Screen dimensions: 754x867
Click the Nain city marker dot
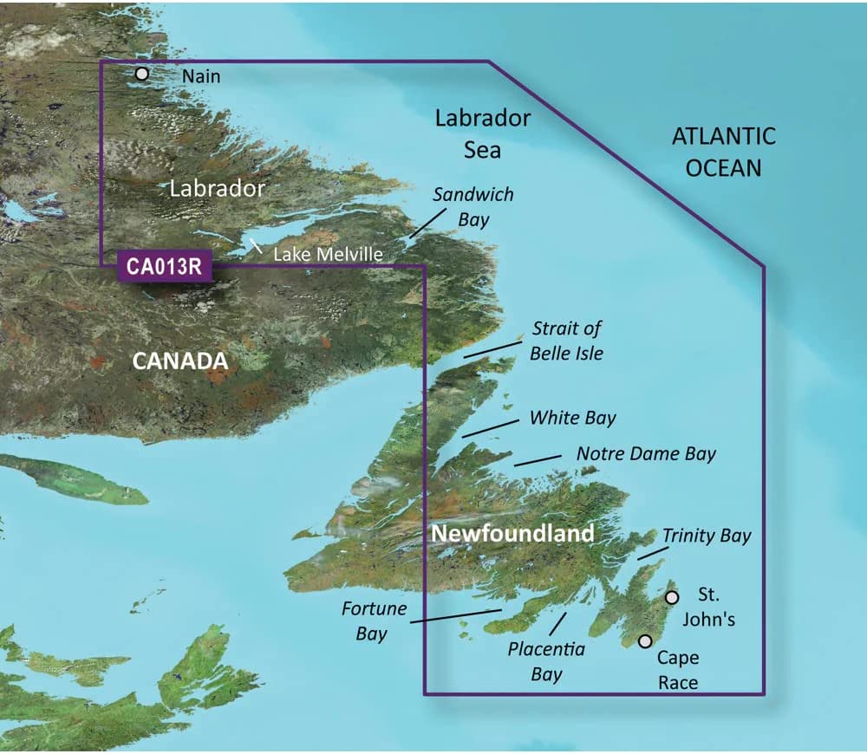142,74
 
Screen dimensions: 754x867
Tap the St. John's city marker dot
672,597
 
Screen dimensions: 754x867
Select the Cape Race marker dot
645,641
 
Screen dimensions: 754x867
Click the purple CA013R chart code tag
163,266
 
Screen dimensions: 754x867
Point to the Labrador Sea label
482,133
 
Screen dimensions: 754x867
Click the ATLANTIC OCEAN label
724,152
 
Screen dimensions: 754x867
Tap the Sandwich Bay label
473,206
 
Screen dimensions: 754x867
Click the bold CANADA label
179,361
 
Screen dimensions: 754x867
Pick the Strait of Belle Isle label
567,341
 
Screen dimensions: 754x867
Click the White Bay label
572,418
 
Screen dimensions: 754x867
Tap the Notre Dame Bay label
646,453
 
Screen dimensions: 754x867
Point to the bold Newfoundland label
512,533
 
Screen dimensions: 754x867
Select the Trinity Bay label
707,536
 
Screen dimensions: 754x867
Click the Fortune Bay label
373,621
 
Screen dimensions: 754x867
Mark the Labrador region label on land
217,188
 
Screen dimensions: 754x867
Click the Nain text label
201,76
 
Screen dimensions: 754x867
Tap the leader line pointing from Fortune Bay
455,615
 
